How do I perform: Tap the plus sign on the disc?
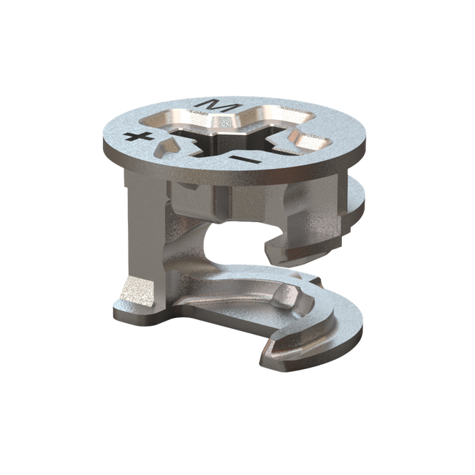click(134, 137)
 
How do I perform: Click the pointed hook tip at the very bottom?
click(262, 359)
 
